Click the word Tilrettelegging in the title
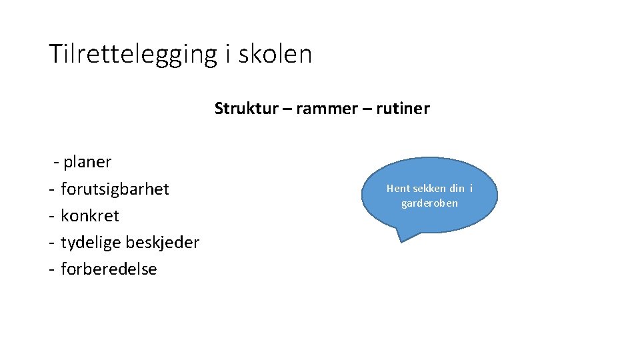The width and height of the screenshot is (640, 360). coord(133,54)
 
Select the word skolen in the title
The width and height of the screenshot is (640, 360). coord(275,54)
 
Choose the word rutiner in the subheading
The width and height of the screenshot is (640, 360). coord(403,108)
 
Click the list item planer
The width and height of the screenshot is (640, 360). coord(87,162)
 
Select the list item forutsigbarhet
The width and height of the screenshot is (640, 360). coord(115,189)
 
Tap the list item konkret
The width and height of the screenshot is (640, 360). coord(90,216)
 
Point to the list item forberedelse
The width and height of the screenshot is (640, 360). coord(109,269)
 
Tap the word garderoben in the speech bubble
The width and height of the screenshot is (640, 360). coord(429,203)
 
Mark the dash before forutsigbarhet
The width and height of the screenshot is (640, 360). coord(51,189)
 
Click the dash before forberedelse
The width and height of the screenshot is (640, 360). coord(51,269)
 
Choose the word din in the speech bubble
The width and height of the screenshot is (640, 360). coord(457,189)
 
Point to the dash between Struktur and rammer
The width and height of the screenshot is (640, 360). coord(286,108)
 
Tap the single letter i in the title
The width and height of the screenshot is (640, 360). coord(227,54)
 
